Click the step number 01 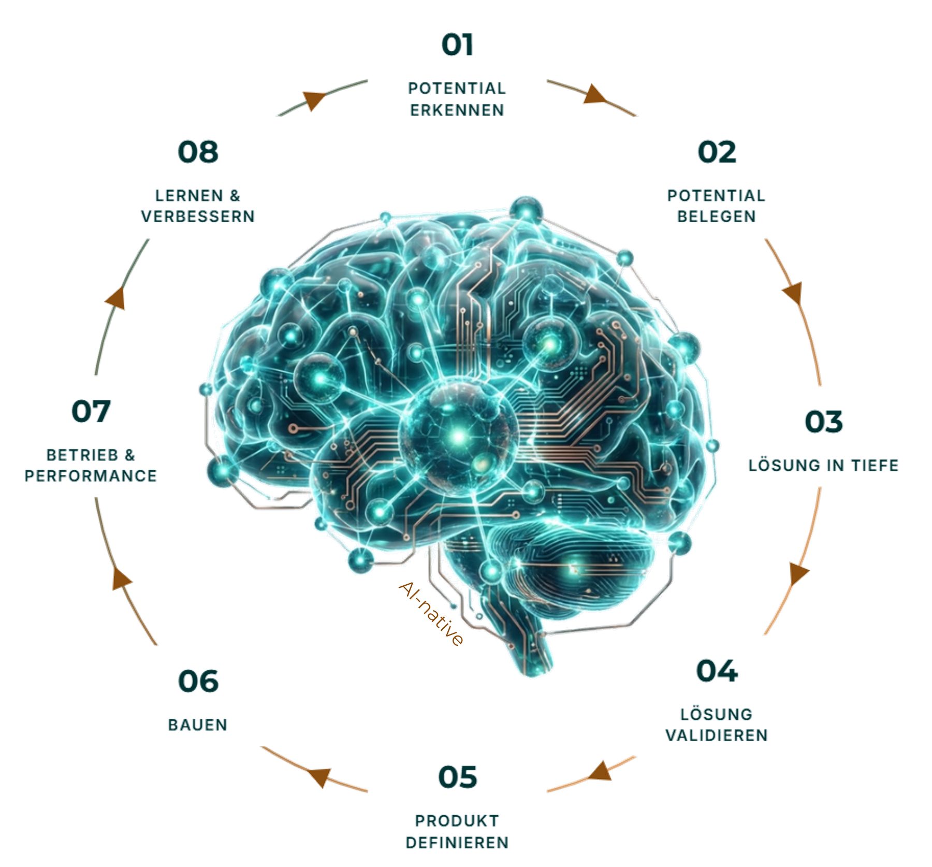(457, 45)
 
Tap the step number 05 (457, 777)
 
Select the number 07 (91, 411)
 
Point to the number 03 (823, 422)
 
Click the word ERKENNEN (457, 110)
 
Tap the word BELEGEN (717, 216)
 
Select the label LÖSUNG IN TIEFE (823, 465)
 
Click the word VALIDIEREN (717, 735)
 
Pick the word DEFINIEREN (457, 843)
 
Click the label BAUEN (198, 725)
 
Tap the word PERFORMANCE (91, 475)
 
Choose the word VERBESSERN (198, 216)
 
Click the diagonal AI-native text (431, 614)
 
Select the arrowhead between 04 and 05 (601, 771)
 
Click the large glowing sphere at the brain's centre (458, 435)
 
